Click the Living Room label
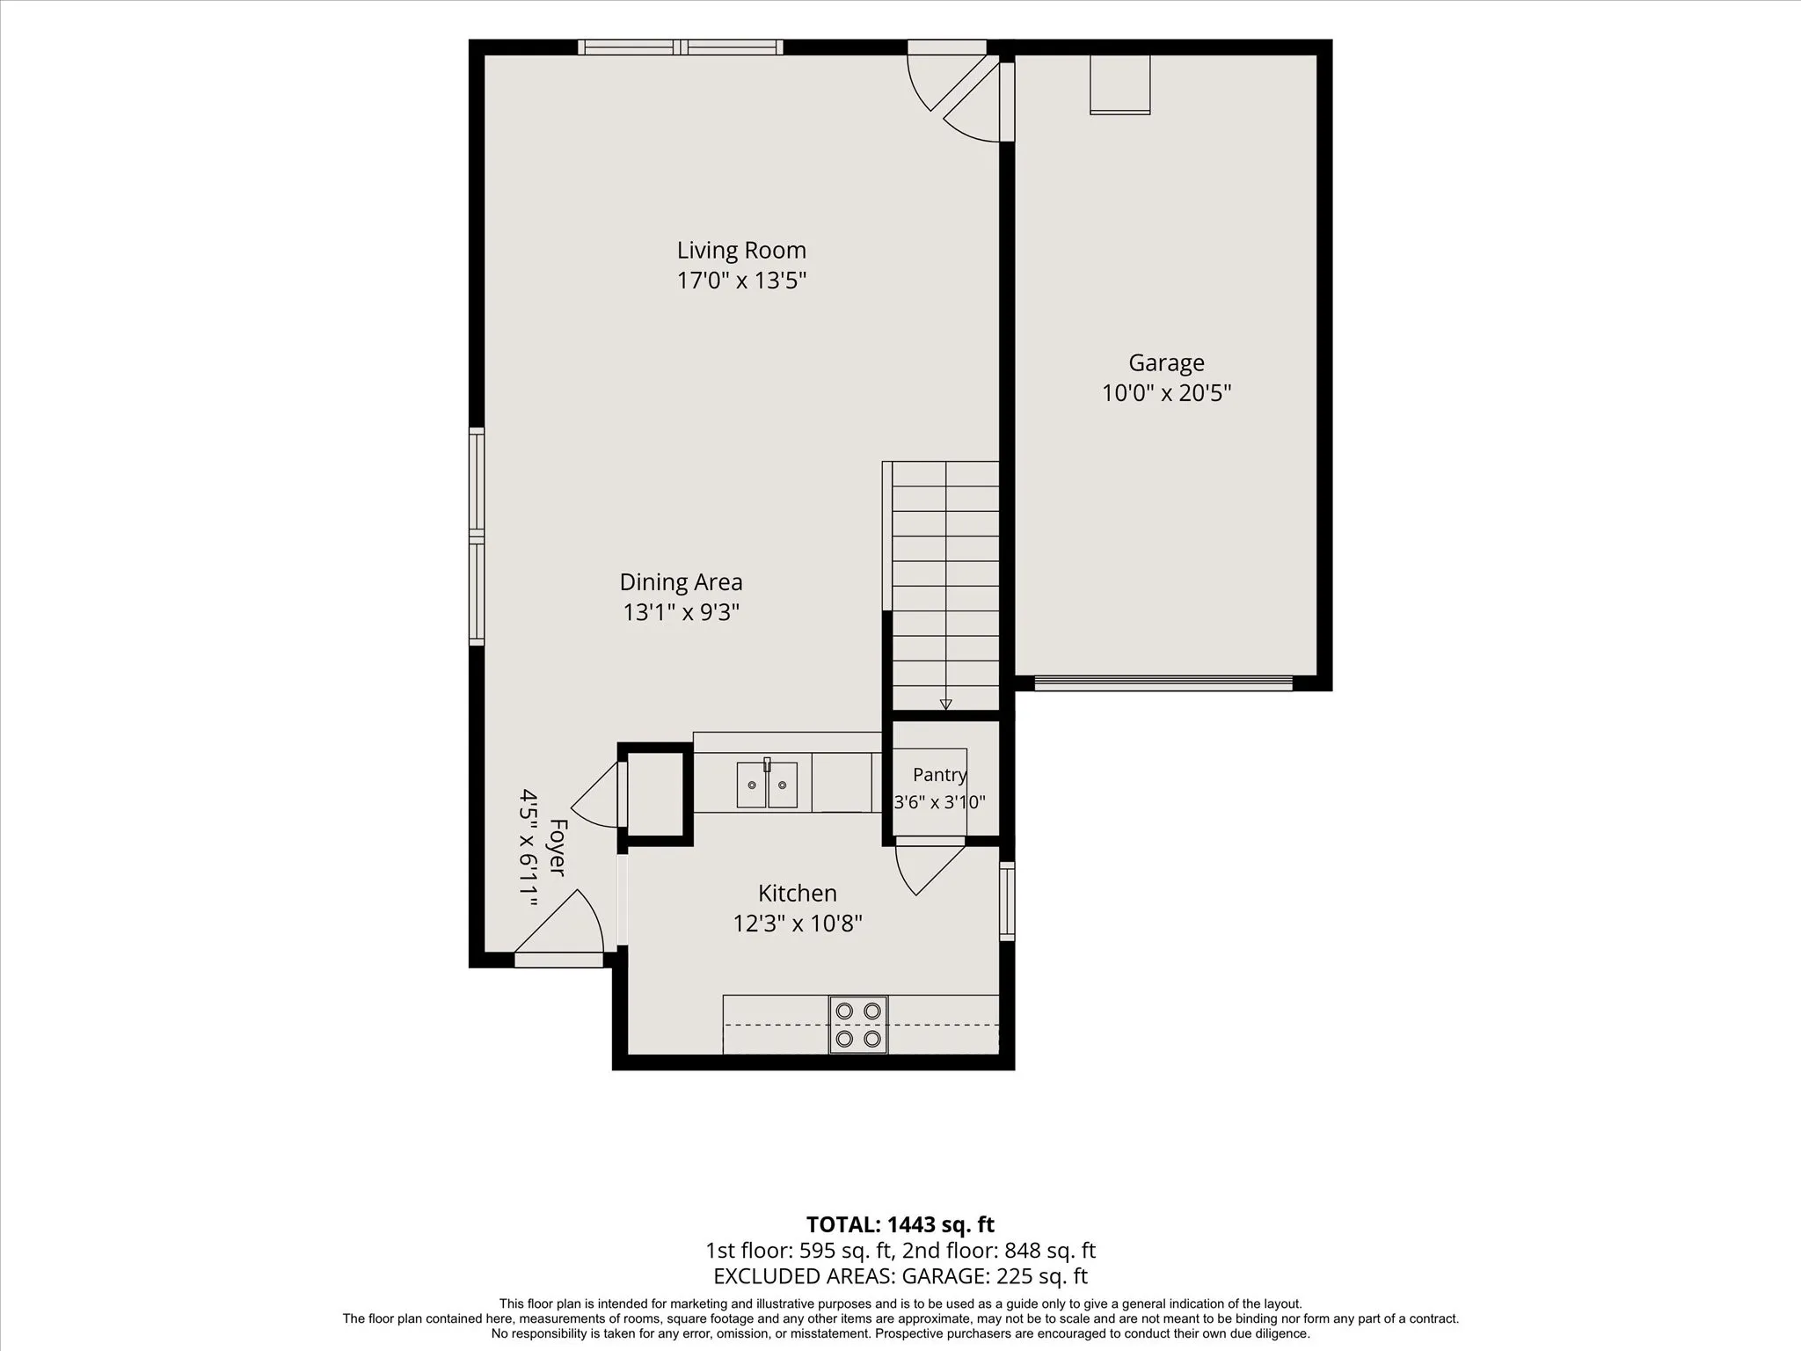(x=741, y=251)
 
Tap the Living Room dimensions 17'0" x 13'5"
(x=741, y=281)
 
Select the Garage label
(x=1166, y=363)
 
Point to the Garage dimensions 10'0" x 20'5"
(x=1166, y=392)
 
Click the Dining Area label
(x=681, y=582)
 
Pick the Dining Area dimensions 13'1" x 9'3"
(x=681, y=612)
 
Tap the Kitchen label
(x=797, y=894)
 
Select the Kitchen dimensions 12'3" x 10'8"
(x=797, y=924)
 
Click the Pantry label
(x=939, y=775)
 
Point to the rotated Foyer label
(x=558, y=847)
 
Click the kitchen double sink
(x=767, y=784)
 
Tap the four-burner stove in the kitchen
(x=858, y=1025)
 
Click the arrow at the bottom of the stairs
(x=945, y=704)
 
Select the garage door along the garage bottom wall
(x=1163, y=683)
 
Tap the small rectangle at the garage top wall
(x=1119, y=84)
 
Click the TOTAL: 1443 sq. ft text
(x=900, y=1224)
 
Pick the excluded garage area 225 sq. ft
(x=1041, y=1276)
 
